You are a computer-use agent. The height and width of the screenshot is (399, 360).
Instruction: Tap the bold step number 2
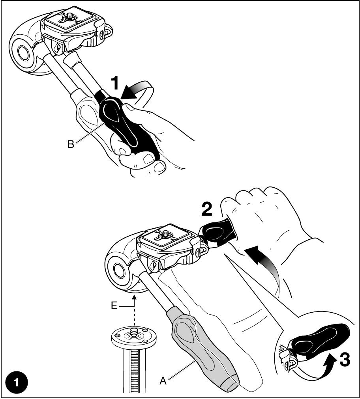click(x=207, y=209)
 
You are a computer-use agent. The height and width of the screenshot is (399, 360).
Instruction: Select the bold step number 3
click(x=345, y=360)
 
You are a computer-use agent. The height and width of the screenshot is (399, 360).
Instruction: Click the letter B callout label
click(x=71, y=144)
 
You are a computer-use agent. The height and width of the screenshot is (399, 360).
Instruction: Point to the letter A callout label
click(x=163, y=381)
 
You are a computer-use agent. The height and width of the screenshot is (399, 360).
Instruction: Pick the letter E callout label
click(x=114, y=305)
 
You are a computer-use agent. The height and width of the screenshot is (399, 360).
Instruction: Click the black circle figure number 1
click(x=17, y=382)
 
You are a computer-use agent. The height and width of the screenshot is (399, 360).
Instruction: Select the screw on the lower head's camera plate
click(x=166, y=233)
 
